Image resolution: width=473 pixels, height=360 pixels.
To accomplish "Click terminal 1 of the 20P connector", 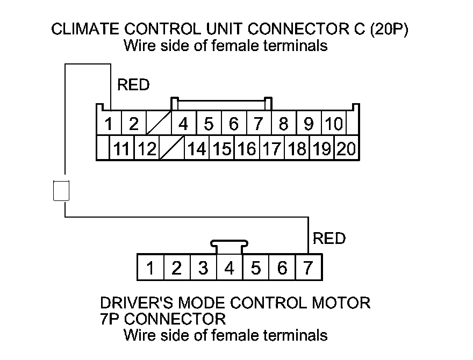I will coord(109,125).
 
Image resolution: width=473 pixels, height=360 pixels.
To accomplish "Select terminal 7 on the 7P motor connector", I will coord(308,268).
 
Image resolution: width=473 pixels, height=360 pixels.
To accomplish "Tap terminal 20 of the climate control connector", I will coord(347,149).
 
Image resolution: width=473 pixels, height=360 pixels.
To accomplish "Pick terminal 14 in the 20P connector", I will coord(197,149).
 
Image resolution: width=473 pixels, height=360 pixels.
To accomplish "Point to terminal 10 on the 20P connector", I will coord(334,125).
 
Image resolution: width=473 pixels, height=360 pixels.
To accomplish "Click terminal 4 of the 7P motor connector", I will coord(230,268).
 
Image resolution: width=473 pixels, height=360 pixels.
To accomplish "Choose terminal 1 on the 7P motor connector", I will coord(150,268).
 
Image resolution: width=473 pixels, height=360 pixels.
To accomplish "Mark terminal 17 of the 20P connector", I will coord(271,149).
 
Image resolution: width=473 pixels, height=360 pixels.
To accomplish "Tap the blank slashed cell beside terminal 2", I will coord(158,125).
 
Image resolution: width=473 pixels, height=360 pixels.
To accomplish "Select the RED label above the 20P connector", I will coord(133,85).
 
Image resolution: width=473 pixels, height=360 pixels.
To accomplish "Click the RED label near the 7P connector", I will coord(329,238).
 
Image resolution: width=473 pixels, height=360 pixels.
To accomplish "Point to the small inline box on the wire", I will coord(62,191).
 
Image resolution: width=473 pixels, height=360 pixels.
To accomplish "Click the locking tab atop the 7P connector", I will coord(230,247).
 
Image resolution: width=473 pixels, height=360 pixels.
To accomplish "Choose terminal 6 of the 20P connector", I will coord(233,125).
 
